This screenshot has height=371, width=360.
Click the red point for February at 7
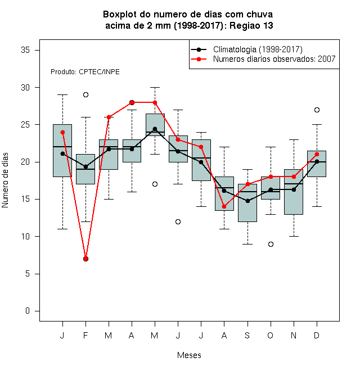[85, 259]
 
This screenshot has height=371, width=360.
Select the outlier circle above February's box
[85, 95]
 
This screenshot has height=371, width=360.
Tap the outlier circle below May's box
[155, 184]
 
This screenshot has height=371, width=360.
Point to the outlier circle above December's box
[317, 110]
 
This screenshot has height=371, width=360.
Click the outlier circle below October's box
[271, 244]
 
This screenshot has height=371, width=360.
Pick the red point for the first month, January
[63, 132]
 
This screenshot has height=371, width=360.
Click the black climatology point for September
[247, 201]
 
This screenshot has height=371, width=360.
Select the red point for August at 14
[224, 206]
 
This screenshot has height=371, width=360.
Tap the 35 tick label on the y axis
[25, 50]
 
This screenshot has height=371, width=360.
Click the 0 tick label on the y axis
[28, 311]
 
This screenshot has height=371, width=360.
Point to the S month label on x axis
[247, 335]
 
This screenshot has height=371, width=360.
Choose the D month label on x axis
[317, 335]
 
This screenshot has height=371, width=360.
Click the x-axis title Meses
[189, 355]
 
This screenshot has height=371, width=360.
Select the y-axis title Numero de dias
[5, 180]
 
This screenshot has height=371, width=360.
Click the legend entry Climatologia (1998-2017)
[258, 49]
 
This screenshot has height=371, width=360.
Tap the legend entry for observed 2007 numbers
[274, 59]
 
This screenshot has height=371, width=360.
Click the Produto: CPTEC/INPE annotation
[85, 72]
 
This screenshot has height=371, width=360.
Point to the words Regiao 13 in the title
[251, 25]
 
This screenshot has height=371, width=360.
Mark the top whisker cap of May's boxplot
[155, 87]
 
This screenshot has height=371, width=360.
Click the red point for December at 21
[317, 154]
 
